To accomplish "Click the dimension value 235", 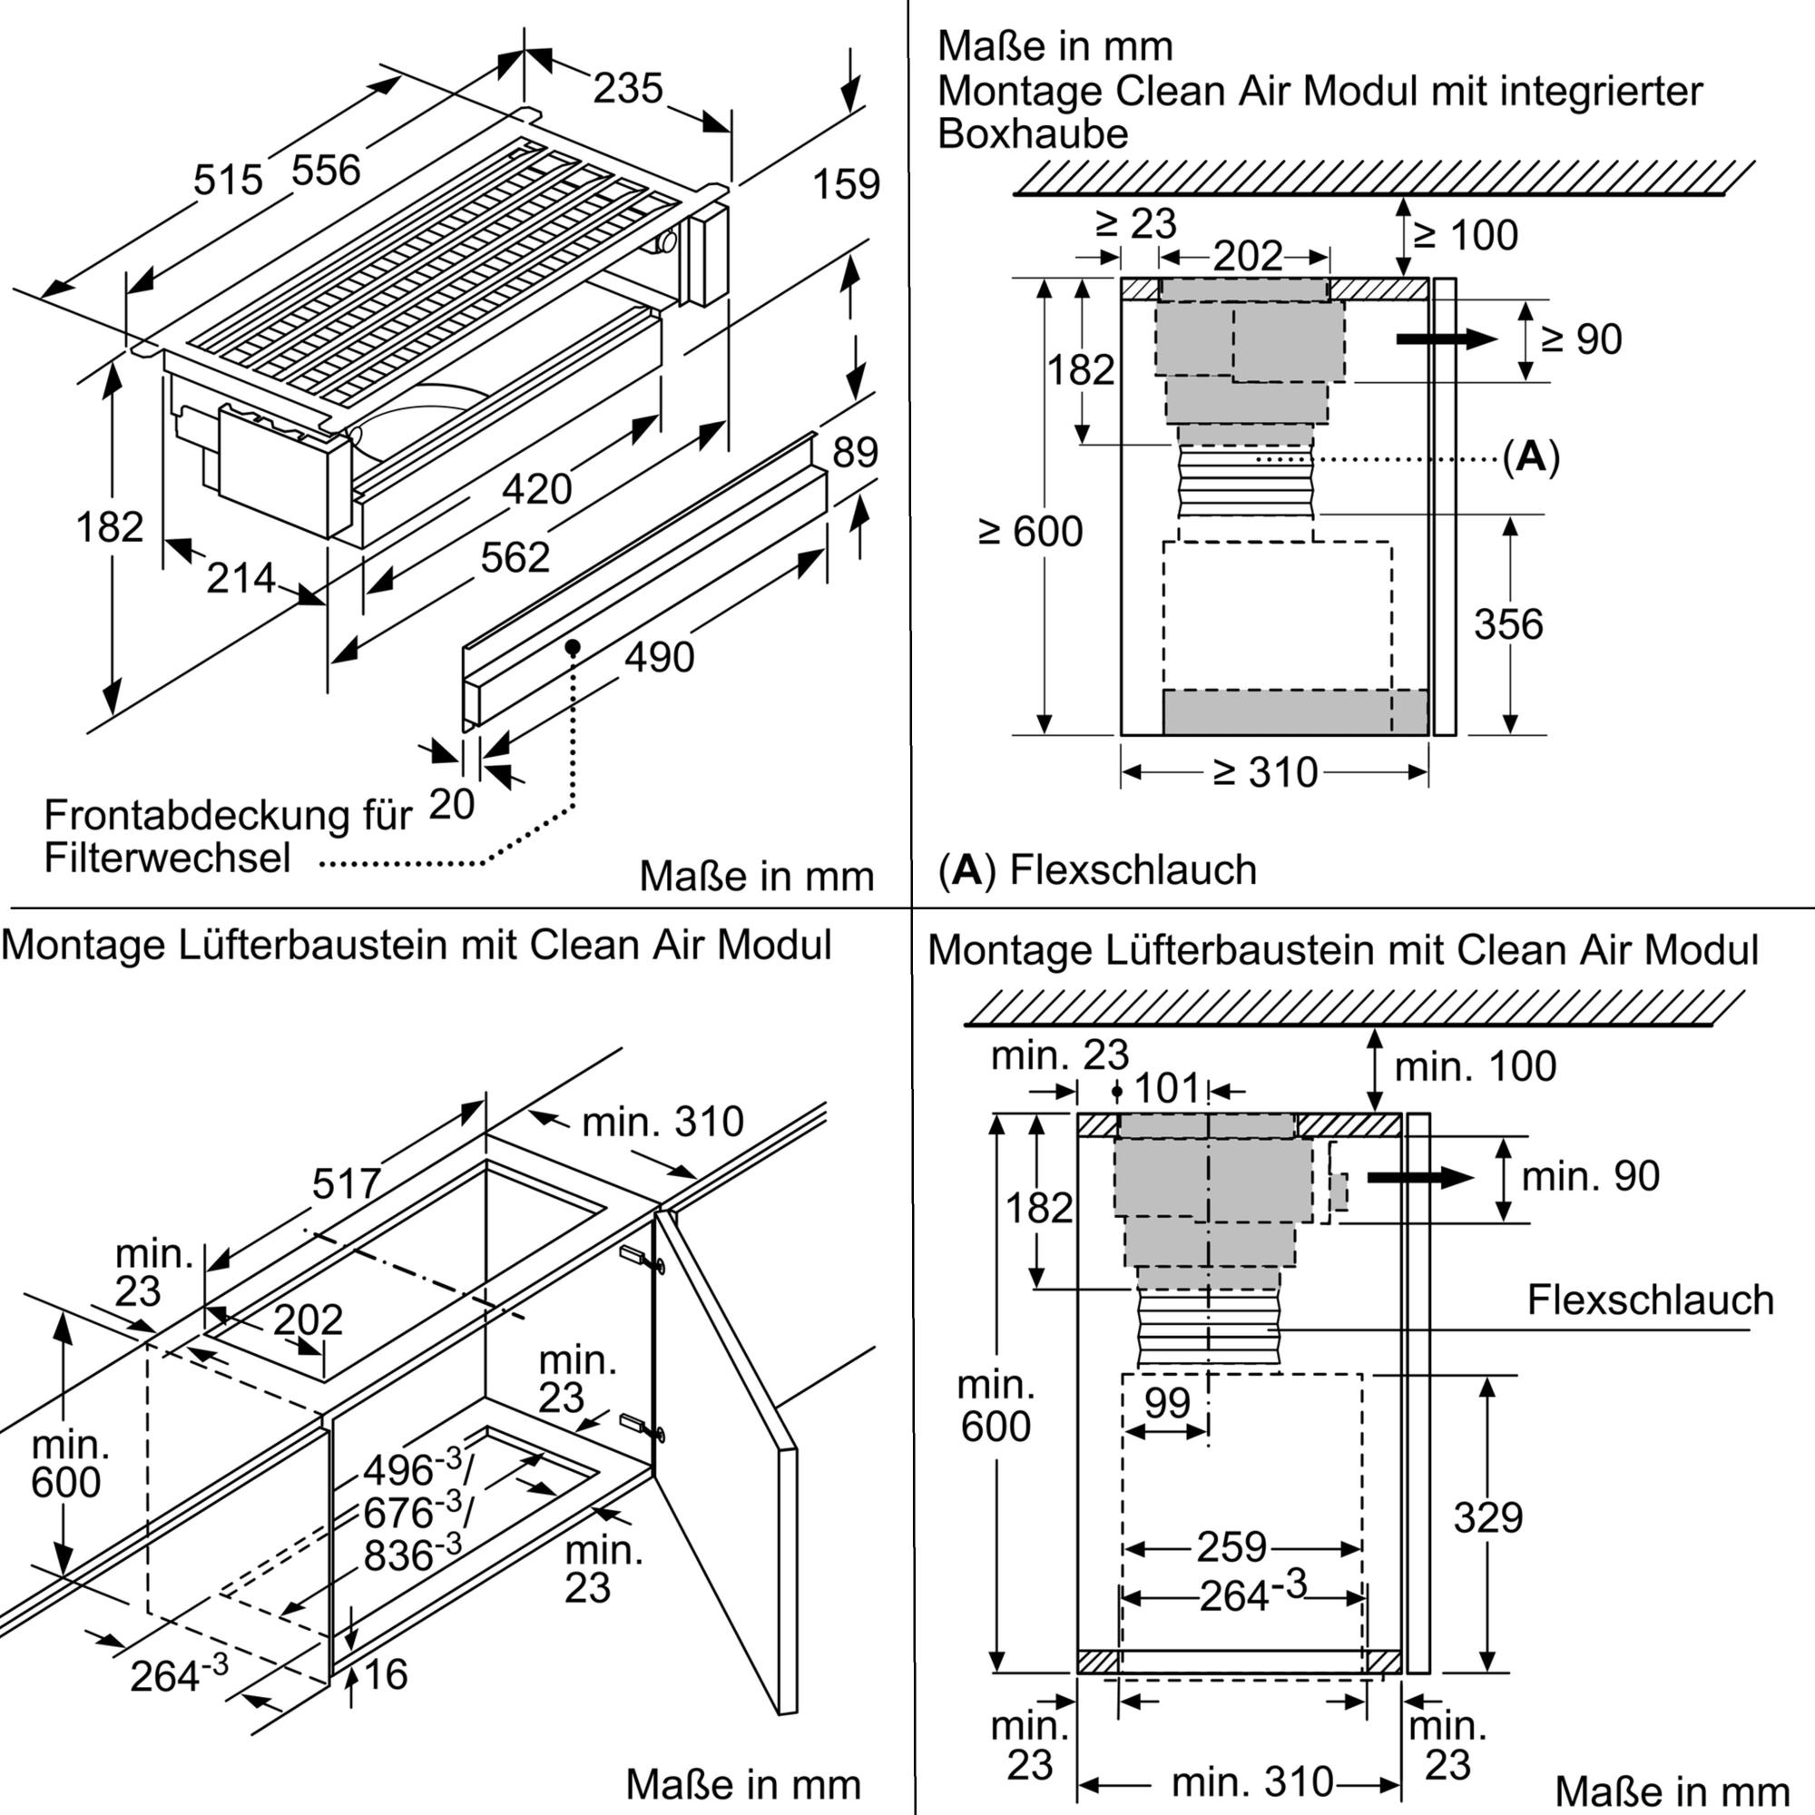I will click(x=628, y=89).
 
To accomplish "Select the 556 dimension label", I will click(x=326, y=171).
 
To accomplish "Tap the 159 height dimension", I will click(x=846, y=184).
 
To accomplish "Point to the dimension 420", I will click(x=536, y=489).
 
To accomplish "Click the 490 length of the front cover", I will click(x=660, y=658).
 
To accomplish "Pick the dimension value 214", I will click(x=241, y=579).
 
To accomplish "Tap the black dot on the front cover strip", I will click(x=572, y=647).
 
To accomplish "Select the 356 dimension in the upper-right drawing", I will click(x=1507, y=624).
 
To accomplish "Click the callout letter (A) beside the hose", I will click(x=1530, y=457).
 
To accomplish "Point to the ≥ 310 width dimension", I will click(x=1264, y=772).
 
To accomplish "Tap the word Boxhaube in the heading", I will click(x=1033, y=134).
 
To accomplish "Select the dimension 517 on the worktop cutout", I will click(x=347, y=1183).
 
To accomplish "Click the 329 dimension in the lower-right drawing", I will click(x=1488, y=1517).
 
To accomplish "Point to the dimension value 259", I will click(x=1231, y=1547).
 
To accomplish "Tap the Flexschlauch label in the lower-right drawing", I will click(x=1650, y=1300).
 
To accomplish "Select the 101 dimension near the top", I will click(x=1167, y=1090).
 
